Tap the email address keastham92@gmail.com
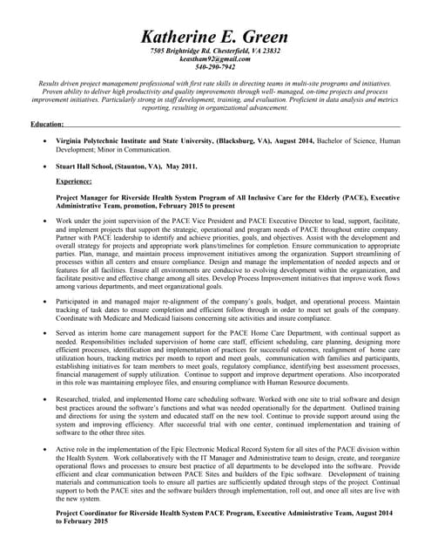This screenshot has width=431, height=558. (x=215, y=58)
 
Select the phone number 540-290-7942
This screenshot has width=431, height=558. (x=215, y=66)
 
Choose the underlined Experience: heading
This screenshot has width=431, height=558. (x=74, y=181)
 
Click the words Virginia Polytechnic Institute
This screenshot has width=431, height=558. (x=103, y=139)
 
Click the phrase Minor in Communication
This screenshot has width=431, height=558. (x=138, y=149)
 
